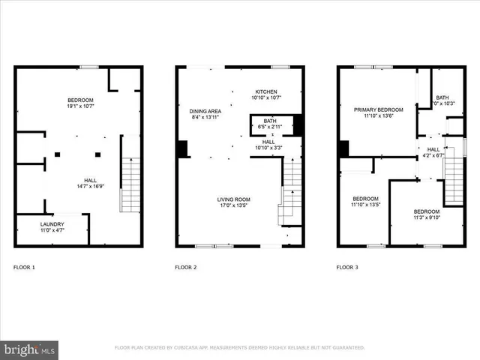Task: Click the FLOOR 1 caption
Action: point(25,267)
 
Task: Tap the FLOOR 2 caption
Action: point(186,267)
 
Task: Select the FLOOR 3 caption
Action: point(347,267)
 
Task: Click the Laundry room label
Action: point(52,224)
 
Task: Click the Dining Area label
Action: point(204,111)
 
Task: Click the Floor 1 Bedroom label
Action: point(80,100)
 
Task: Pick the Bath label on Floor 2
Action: point(268,121)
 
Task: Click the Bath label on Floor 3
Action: point(442,97)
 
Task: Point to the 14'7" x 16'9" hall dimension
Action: point(89,187)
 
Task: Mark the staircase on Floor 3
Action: point(453,177)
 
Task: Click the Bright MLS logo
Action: point(30,349)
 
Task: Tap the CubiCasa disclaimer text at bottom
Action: point(239,348)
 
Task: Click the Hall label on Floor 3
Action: point(434,149)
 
